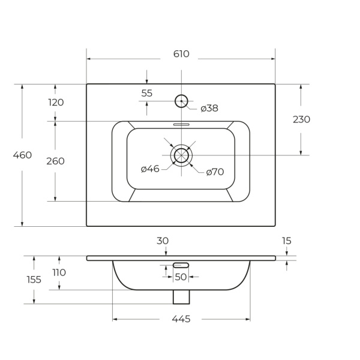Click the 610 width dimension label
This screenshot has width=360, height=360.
(181, 54)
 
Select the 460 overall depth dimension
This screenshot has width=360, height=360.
(22, 155)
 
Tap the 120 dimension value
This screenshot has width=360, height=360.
(56, 103)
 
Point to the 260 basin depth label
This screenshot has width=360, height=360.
(55, 161)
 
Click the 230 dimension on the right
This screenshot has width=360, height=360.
(301, 119)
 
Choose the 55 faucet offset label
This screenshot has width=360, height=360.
(147, 93)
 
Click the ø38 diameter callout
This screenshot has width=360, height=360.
(209, 109)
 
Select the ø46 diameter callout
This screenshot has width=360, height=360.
(150, 169)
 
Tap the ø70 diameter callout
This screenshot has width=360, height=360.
(215, 172)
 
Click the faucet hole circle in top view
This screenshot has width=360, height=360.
(181, 95)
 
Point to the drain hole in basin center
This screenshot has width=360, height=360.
(181, 148)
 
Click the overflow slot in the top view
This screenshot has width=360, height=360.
(181, 124)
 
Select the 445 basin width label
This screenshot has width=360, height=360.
(181, 319)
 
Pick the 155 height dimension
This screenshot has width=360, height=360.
(34, 280)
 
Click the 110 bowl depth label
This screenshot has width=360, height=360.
(59, 273)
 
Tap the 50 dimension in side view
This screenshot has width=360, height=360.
(181, 277)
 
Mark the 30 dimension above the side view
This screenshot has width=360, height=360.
(163, 241)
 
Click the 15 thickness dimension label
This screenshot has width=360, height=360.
(287, 241)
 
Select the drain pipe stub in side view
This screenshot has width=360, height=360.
(181, 297)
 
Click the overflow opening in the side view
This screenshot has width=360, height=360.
(181, 265)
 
